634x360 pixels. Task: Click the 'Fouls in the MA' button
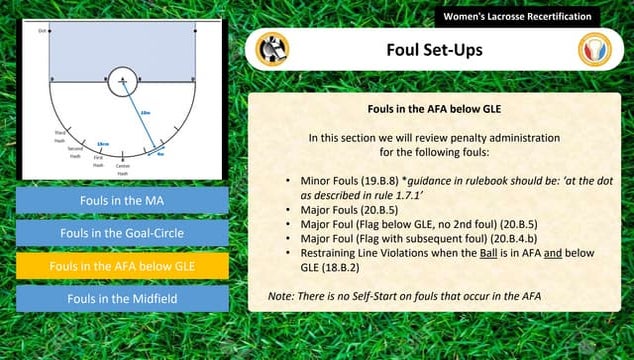pyautogui.click(x=122, y=201)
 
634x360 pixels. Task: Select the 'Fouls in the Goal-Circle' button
pyautogui.click(x=122, y=234)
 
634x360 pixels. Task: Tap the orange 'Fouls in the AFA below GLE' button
pyautogui.click(x=122, y=266)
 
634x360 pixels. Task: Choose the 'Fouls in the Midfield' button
pyautogui.click(x=122, y=298)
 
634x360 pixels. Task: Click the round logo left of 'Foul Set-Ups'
pyautogui.click(x=271, y=49)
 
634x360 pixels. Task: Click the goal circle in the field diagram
pyautogui.click(x=121, y=79)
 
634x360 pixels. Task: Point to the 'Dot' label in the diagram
pyautogui.click(x=43, y=31)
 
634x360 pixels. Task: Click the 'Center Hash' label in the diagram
pyautogui.click(x=123, y=169)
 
